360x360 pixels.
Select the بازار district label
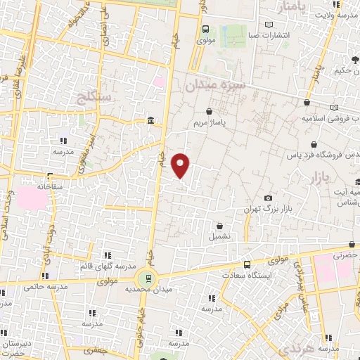tap(320, 179)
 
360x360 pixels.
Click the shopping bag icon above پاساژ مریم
tap(210, 111)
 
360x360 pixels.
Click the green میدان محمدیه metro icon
tap(148, 277)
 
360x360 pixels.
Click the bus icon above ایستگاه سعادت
tap(246, 264)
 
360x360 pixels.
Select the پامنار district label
tap(294, 8)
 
